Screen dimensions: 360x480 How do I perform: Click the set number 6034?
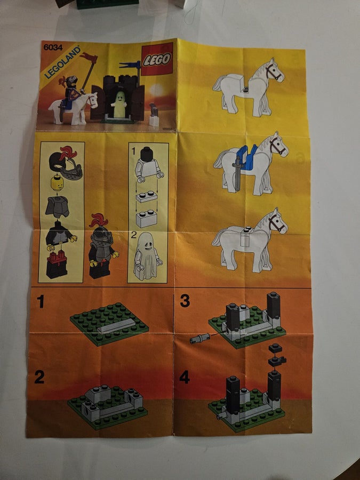53,47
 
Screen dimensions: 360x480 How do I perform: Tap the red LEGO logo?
157,59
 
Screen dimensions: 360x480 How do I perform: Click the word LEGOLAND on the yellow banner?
62,62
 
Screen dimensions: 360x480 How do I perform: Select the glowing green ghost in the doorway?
119,105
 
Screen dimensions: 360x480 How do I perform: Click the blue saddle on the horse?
247,157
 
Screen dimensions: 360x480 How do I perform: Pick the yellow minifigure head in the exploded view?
57,183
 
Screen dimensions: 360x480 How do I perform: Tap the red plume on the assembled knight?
99,220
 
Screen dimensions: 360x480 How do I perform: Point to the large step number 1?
40,301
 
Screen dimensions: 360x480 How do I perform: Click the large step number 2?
39,377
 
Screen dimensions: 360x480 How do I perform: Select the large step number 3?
185,301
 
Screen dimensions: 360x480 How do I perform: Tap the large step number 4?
185,377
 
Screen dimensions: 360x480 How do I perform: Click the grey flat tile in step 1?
117,326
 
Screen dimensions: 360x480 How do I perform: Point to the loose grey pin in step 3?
199,339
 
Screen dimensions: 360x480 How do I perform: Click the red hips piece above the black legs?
57,258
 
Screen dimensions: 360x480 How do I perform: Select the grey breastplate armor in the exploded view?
58,206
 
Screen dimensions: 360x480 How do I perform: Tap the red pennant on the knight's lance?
89,57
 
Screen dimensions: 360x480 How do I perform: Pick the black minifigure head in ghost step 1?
147,154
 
